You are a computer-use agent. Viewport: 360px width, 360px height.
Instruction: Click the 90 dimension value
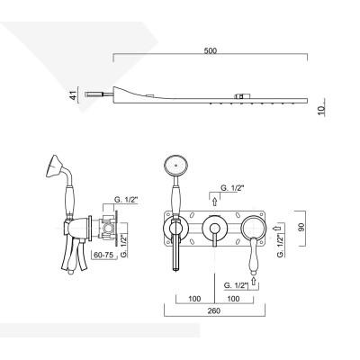pyautogui.click(x=303, y=227)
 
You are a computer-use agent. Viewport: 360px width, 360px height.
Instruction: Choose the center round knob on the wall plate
pyautogui.click(x=214, y=228)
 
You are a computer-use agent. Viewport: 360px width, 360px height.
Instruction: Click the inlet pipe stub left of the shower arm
pyautogui.click(x=94, y=92)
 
